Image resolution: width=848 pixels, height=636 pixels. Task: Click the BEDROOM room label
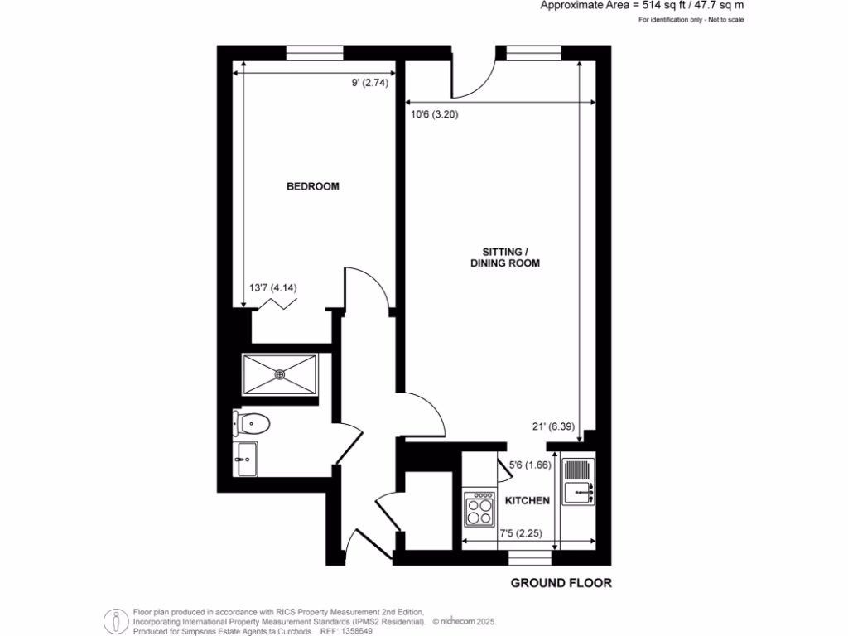coord(312,186)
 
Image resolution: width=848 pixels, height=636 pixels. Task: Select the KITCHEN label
coord(528,501)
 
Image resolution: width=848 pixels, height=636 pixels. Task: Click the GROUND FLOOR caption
coord(561,583)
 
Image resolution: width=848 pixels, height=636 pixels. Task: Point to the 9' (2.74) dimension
coord(369,83)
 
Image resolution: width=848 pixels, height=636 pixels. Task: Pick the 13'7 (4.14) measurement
coord(272,288)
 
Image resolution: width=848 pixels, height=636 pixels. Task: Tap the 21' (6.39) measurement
coord(552,426)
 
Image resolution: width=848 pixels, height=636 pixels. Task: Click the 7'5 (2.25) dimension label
coord(520,534)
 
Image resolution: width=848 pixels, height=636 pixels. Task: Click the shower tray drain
coord(280,373)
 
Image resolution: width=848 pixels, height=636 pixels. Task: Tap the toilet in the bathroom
coord(252,424)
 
